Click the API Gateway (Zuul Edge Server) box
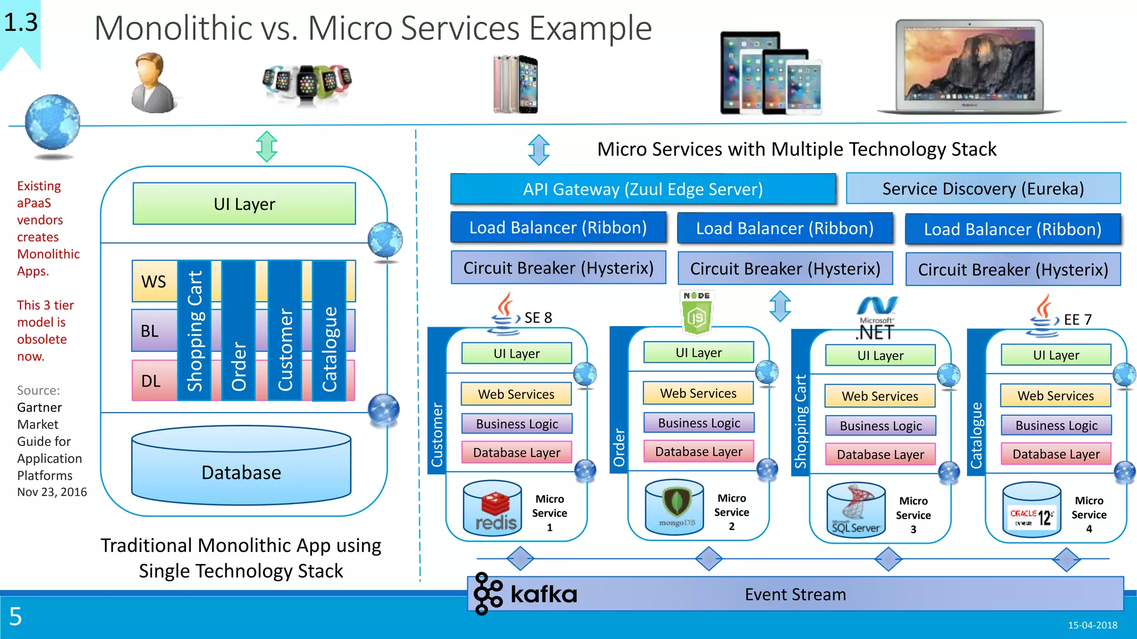point(643,189)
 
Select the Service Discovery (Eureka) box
point(983,189)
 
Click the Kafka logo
point(525,594)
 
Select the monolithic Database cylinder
point(241,466)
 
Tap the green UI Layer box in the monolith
point(244,204)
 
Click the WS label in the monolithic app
point(153,281)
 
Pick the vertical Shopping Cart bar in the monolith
point(194,331)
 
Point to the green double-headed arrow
point(266,146)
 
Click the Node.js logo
point(696,313)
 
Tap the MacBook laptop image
point(969,67)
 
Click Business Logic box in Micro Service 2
point(698,423)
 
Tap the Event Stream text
point(795,595)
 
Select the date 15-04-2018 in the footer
point(1092,625)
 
